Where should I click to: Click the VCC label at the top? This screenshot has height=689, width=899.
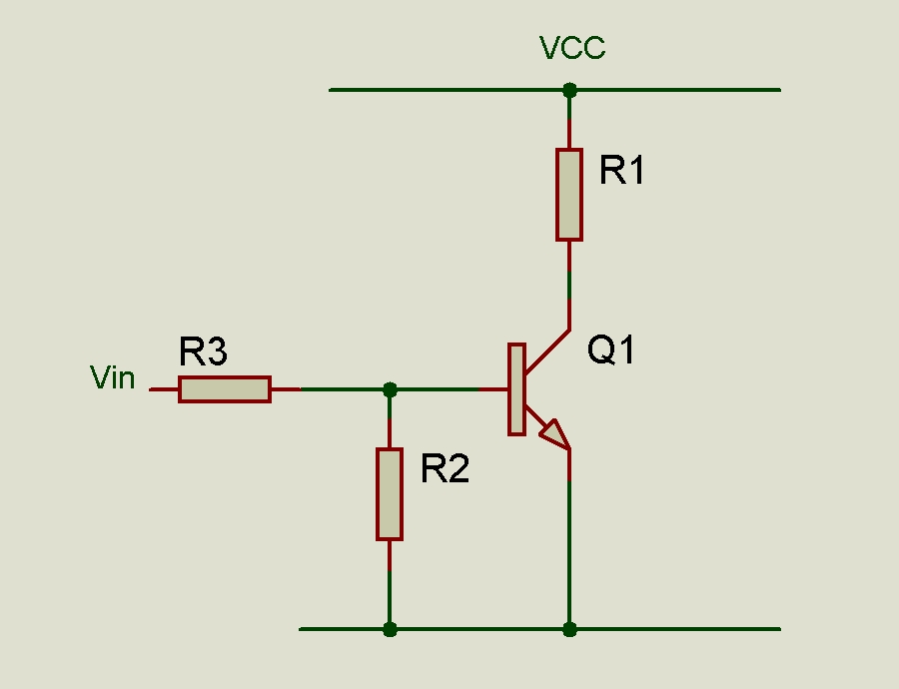[x=572, y=48]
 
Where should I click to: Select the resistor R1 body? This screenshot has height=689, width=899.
[x=569, y=195]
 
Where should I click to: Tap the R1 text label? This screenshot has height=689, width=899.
[x=622, y=172]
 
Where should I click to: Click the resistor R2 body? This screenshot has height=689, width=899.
[x=390, y=494]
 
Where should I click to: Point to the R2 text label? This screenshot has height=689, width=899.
[x=445, y=468]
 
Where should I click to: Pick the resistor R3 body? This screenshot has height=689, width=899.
[x=225, y=389]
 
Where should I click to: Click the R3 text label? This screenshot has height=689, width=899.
[x=204, y=352]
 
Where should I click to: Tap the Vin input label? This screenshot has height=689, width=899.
[x=113, y=377]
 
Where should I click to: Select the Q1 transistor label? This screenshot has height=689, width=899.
[x=610, y=350]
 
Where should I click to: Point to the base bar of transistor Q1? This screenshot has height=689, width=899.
[x=516, y=389]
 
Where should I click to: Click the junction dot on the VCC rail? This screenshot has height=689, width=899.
[x=569, y=90]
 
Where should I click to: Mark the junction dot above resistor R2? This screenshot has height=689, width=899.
[x=390, y=389]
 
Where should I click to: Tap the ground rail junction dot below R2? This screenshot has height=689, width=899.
[x=390, y=629]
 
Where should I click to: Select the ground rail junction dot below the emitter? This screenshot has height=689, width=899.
[x=569, y=629]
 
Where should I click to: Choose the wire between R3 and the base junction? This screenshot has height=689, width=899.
[x=340, y=389]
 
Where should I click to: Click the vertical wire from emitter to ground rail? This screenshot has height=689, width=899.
[x=569, y=549]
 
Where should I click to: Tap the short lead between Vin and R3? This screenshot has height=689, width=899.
[x=164, y=389]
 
